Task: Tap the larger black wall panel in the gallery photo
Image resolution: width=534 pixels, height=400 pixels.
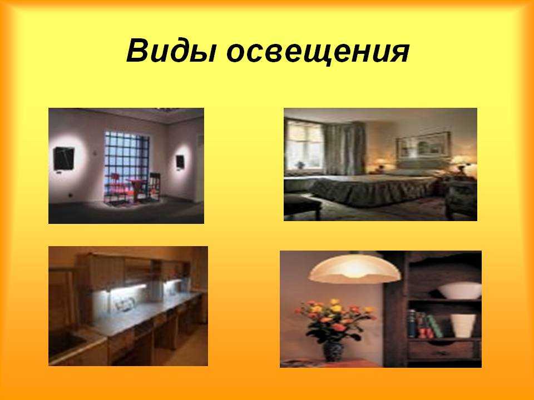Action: [x=63, y=158]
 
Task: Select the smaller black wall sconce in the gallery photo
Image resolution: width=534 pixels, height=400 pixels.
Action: [x=180, y=162]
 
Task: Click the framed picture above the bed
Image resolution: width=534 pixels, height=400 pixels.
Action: [x=423, y=145]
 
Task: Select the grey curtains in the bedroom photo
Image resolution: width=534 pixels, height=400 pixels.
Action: [x=344, y=148]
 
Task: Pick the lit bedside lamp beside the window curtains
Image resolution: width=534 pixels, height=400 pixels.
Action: [x=381, y=163]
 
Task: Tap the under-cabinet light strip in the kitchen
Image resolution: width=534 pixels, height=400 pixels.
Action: [x=127, y=287]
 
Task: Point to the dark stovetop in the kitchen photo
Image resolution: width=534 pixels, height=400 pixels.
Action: [x=65, y=341]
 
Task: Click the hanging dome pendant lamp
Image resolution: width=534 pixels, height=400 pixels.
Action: [x=354, y=268]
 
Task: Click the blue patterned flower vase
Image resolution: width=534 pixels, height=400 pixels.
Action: [x=333, y=351]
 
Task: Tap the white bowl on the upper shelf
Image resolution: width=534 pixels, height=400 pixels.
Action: [x=459, y=291]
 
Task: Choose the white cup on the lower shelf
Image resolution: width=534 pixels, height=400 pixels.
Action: [x=463, y=326]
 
